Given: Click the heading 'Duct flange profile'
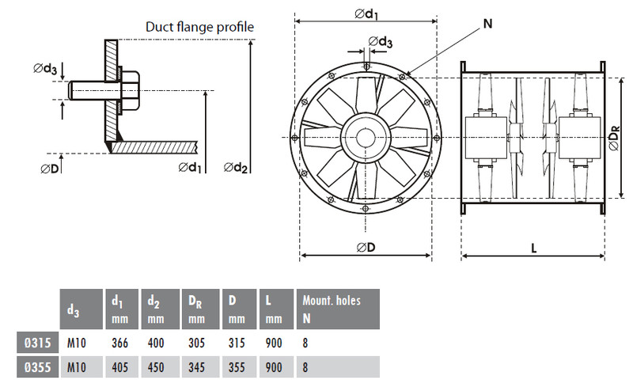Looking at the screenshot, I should [199, 27].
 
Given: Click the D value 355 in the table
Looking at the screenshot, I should [233, 367].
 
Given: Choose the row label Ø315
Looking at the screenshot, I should [36, 344].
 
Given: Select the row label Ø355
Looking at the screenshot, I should [36, 367].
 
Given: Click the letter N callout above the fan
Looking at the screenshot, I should [487, 24].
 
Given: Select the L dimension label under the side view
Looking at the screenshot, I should [534, 247].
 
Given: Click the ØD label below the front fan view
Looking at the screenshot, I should [365, 247].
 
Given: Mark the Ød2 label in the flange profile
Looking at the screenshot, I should [237, 166].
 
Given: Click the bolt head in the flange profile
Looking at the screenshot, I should [130, 88].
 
